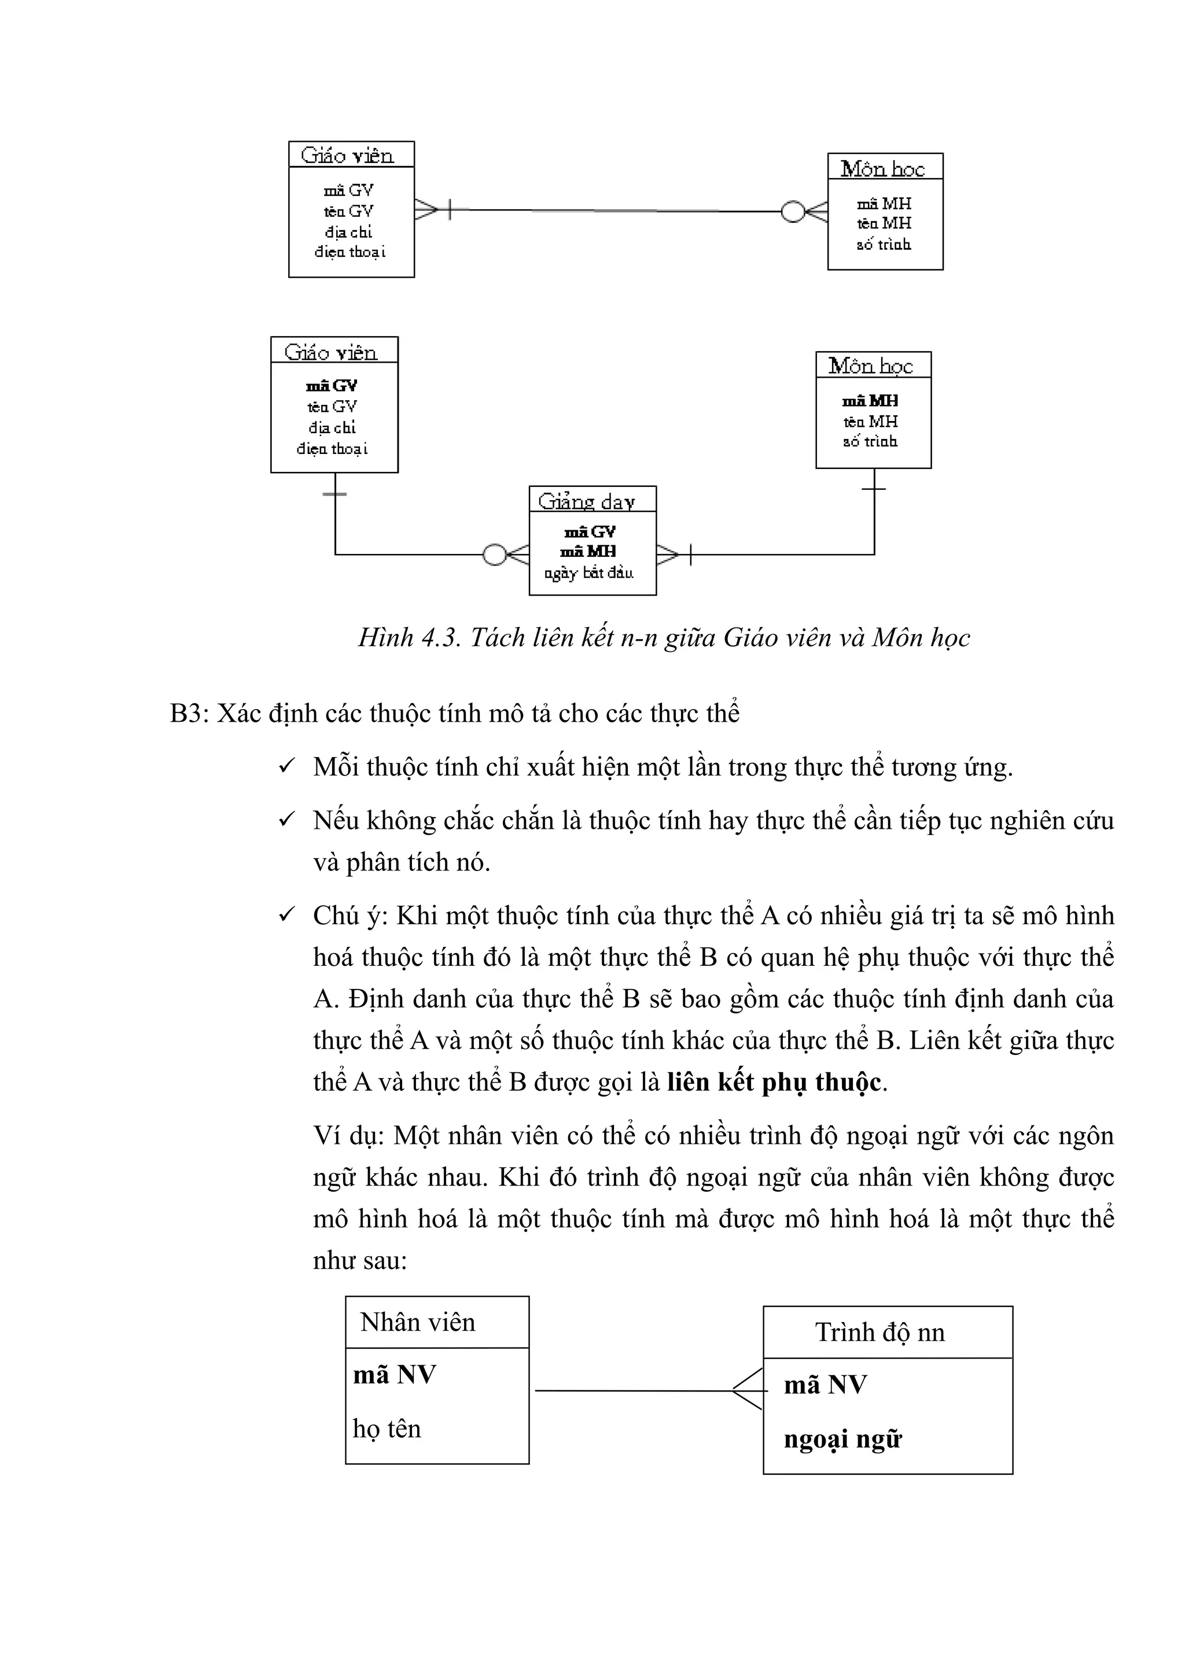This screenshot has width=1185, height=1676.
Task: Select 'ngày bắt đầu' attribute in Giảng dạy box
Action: (588, 573)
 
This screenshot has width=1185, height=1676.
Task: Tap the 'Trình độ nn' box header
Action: (880, 1332)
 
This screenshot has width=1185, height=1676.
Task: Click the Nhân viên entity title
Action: (418, 1322)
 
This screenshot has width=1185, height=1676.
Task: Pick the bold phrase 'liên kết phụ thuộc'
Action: (774, 1082)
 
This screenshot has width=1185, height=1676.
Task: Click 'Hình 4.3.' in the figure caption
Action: (410, 637)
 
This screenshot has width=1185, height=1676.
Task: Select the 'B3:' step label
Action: (189, 713)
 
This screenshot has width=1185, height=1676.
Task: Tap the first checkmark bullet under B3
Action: (286, 766)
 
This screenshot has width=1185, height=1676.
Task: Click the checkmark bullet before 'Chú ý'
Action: (286, 914)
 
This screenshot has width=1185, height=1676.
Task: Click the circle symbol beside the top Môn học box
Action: (792, 212)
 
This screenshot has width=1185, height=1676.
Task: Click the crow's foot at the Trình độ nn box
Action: (748, 1390)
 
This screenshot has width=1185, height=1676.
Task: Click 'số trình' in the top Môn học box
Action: (884, 245)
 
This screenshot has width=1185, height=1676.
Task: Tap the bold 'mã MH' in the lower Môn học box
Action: (870, 401)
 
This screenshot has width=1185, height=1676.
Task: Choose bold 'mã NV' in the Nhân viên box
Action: (394, 1375)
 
